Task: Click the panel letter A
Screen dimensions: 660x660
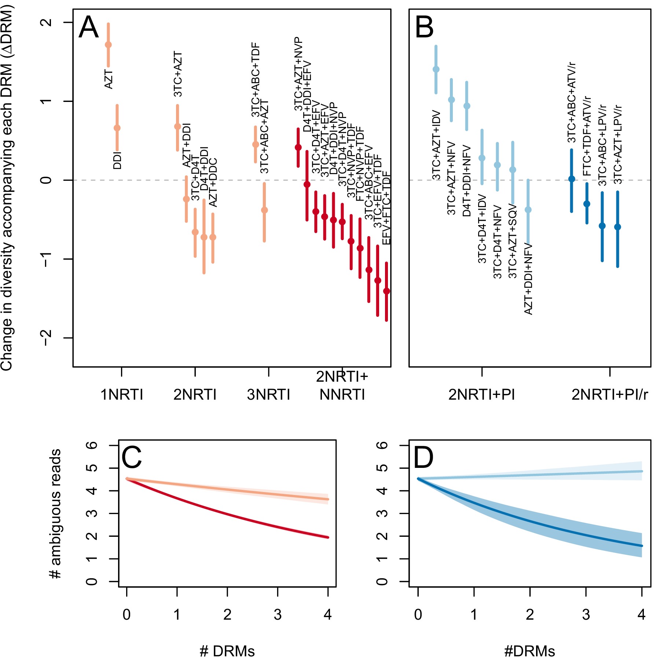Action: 89,27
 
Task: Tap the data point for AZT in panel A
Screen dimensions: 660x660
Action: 108,45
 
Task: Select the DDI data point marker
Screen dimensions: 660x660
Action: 117,128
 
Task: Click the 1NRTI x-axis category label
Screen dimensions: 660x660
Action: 122,395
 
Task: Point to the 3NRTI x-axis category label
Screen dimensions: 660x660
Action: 268,395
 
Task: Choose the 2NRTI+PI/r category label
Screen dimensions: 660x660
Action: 610,395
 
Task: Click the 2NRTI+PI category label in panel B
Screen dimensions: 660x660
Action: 481,395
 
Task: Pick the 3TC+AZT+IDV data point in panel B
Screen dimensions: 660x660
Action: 436,69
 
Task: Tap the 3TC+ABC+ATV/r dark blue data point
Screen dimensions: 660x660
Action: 571,179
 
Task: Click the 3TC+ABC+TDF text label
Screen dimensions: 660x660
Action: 256,80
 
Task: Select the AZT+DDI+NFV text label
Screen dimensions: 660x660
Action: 528,279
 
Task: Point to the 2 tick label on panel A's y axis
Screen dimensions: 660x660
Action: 47,22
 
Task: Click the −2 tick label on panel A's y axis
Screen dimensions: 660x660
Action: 47,338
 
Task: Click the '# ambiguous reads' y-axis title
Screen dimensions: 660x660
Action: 56,513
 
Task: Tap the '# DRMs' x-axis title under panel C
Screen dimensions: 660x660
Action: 227,651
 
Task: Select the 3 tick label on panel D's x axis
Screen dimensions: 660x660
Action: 586,615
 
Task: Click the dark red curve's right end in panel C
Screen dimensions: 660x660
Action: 327,537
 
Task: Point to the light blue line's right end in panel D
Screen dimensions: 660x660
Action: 641,472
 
